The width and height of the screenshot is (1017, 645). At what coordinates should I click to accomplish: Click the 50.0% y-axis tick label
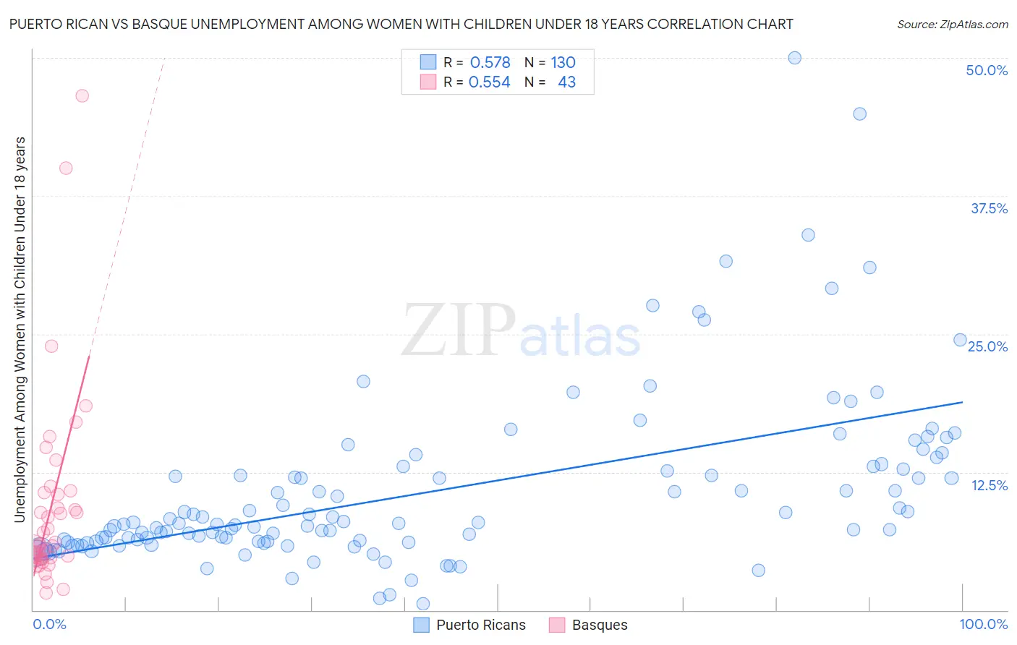pos(987,71)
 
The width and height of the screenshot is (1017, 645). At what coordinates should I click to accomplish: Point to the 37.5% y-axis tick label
pos(989,209)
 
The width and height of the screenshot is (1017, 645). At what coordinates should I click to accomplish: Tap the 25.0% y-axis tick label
pos(987,347)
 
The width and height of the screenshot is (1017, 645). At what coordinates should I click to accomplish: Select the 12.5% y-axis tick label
pos(989,485)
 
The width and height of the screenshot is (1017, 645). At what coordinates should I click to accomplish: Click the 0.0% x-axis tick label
pos(49,624)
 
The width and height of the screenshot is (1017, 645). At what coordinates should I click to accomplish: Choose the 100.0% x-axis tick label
pos(983,624)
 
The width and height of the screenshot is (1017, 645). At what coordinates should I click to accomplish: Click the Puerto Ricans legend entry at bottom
pos(480,625)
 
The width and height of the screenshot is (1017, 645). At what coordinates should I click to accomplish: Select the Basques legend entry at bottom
pos(599,625)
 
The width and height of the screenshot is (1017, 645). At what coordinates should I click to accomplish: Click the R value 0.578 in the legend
pos(490,63)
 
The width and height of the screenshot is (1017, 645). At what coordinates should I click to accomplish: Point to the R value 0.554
pos(489,82)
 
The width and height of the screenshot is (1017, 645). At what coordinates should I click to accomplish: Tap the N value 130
pos(563,63)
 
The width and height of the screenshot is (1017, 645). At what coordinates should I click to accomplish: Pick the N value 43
pos(566,82)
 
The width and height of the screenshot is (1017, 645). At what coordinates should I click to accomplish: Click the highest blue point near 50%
pos(794,58)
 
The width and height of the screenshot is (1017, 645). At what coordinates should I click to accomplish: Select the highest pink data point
pos(82,95)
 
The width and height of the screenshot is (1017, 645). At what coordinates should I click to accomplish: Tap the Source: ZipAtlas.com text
pos(952,25)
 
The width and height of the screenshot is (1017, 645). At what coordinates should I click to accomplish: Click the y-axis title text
pos(20,329)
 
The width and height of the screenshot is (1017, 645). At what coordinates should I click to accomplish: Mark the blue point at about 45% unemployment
pos(859,114)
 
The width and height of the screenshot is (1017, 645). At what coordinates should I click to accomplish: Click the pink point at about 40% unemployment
pos(66,168)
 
